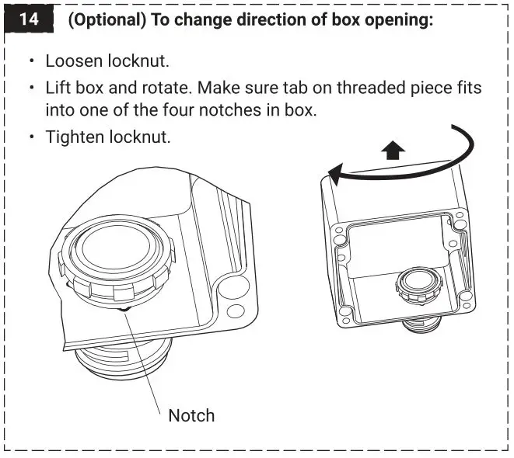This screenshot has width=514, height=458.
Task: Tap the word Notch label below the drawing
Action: point(191,415)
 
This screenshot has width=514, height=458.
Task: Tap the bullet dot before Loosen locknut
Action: point(32,61)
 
